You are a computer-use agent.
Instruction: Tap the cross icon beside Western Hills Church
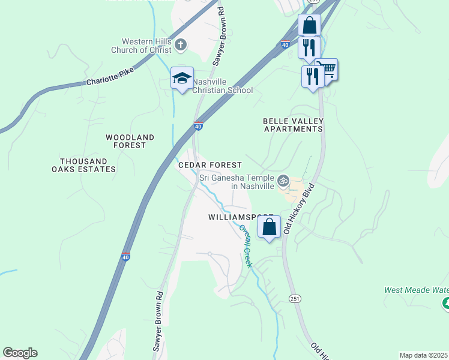click(x=181, y=44)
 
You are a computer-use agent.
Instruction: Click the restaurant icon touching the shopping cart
click(x=313, y=77)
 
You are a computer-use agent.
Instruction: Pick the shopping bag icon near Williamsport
click(x=269, y=227)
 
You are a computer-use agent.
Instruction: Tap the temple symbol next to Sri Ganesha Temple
click(x=283, y=180)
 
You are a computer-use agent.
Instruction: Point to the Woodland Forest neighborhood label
click(x=130, y=141)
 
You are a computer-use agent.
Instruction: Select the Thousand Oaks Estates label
click(x=88, y=165)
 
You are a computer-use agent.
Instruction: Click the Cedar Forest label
click(x=210, y=165)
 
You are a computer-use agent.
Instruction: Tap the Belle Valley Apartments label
click(x=293, y=125)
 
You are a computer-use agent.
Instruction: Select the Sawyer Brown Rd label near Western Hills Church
click(x=219, y=36)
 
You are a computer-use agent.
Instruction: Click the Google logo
click(x=20, y=353)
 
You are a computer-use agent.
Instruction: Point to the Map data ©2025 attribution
click(x=424, y=355)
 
